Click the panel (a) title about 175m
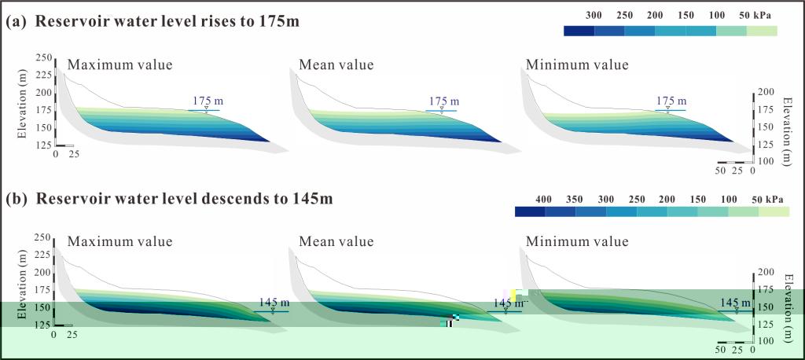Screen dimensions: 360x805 click(x=153, y=23)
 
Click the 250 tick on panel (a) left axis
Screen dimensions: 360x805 click(x=43, y=57)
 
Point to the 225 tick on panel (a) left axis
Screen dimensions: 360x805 click(x=43, y=75)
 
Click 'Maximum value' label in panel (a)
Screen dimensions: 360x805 click(x=119, y=64)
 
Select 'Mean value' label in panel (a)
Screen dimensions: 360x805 click(x=336, y=64)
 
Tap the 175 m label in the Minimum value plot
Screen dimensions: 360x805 click(x=671, y=101)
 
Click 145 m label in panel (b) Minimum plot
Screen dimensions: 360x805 click(x=735, y=302)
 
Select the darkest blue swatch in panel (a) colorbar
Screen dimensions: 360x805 click(x=579, y=31)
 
